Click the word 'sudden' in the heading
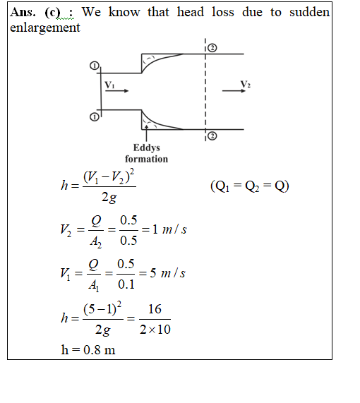coord(309,12)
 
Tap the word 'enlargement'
coord(45,28)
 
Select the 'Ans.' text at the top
coord(23,12)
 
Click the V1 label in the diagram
coord(109,85)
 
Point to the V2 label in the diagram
coord(246,84)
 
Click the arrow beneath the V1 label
coord(116,91)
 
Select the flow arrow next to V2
coord(234,91)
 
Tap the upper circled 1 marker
coord(95,66)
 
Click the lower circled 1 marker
coord(94,117)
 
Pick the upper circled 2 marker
coord(212,48)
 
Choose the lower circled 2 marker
coord(212,136)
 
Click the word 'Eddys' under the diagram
coord(147,148)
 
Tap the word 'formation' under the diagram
coord(146,159)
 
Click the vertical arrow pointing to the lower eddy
coord(146,133)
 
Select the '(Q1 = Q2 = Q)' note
coord(250,186)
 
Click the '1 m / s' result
coord(169,229)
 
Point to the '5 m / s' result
coord(167,273)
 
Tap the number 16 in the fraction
coord(155,309)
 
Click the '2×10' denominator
coord(155,330)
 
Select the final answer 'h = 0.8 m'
coord(88,350)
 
